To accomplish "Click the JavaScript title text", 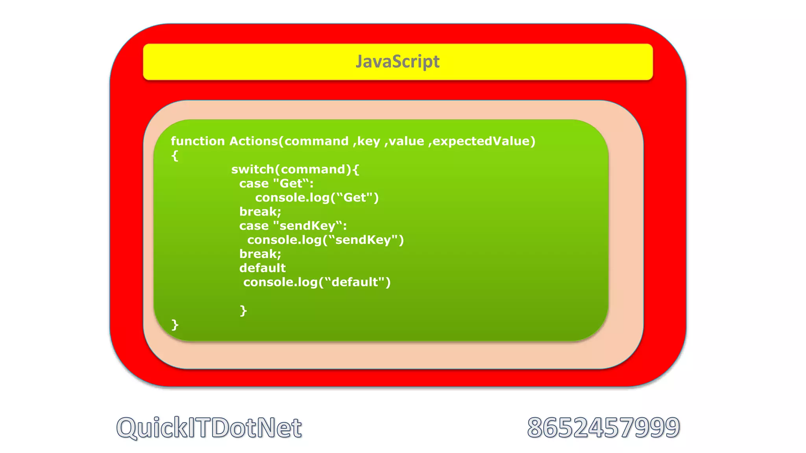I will point(397,62).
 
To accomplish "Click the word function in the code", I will point(198,141).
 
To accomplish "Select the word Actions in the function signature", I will point(254,141).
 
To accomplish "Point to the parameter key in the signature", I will point(368,142).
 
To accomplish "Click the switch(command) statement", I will point(295,169).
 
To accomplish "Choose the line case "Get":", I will point(276,184).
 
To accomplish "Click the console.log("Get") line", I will point(317,197).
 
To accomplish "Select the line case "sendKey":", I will point(293,226).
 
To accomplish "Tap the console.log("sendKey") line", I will point(325,240).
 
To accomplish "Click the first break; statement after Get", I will point(260,212).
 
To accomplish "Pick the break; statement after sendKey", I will point(260,254).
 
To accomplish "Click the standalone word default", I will point(263,268).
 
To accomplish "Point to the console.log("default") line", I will point(317,282).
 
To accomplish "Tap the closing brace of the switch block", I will point(244,311).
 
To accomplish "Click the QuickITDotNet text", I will point(209,428).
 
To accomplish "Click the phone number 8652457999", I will point(603,428).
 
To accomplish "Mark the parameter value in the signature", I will point(407,141).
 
